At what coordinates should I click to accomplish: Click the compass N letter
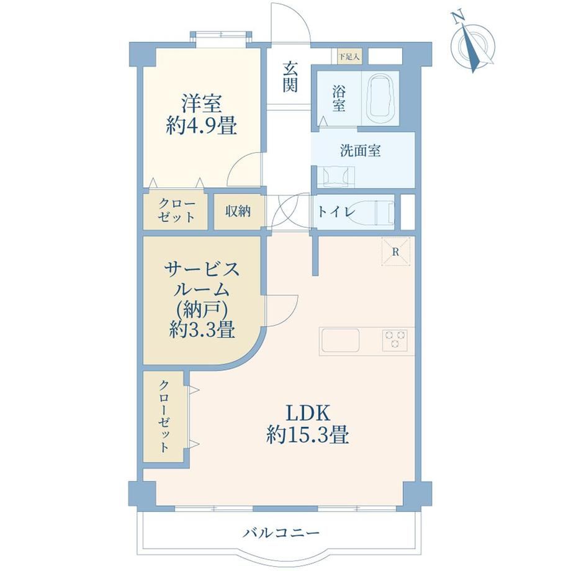(x=458, y=17)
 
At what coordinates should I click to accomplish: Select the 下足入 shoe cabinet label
(x=349, y=57)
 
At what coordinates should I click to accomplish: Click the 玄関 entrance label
(x=290, y=77)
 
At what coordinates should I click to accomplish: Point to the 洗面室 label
(x=361, y=150)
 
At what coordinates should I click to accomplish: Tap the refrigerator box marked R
(x=396, y=251)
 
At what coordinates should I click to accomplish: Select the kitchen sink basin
(x=339, y=340)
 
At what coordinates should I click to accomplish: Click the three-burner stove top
(x=395, y=340)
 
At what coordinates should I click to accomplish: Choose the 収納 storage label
(x=238, y=211)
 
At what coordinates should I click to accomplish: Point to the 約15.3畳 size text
(x=308, y=435)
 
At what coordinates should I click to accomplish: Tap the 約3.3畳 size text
(x=202, y=330)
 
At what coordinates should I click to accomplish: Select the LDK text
(x=308, y=413)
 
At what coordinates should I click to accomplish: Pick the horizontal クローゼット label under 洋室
(x=177, y=211)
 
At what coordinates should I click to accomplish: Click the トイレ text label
(x=336, y=212)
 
